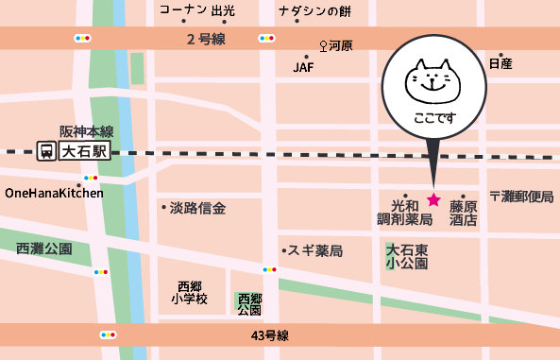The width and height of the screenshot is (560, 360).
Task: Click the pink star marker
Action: [433, 199]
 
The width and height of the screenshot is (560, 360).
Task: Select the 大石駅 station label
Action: [85, 151]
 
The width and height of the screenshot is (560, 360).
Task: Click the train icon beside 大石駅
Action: [45, 151]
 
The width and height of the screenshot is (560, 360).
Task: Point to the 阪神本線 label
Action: [86, 131]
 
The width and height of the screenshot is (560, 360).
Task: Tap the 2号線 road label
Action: [206, 39]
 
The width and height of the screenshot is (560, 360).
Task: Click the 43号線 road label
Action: [269, 335]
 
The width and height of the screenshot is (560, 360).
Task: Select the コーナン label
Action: [182, 9]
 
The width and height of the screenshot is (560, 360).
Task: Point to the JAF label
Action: [303, 67]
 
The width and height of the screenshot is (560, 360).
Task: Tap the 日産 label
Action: [501, 63]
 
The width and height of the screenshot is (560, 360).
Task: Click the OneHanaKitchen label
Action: [54, 193]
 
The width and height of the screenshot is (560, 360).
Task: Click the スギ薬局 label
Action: [315, 251]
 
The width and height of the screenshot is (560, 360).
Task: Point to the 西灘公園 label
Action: [44, 249]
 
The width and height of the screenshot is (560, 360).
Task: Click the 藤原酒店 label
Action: [463, 213]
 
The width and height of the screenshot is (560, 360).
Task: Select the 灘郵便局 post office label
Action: [520, 196]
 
